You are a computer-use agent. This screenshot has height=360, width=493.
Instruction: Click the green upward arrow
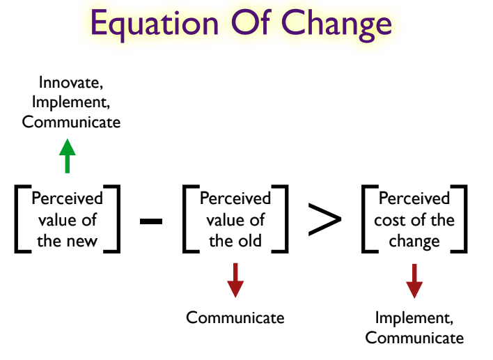[68, 156]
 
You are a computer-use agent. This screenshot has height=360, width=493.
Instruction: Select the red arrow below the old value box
[235, 280]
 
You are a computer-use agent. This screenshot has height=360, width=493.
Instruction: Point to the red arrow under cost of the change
[414, 281]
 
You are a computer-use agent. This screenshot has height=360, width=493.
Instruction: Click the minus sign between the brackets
[151, 221]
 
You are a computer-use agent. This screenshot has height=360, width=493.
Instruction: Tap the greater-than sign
[324, 219]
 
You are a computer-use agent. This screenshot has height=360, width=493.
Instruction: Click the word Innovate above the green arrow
[71, 83]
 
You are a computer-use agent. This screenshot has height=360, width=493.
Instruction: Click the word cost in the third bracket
[386, 220]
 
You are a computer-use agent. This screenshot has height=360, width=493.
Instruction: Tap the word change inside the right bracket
[414, 242]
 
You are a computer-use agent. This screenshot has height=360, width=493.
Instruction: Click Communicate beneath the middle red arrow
[235, 318]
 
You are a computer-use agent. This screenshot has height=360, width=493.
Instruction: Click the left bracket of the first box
[23, 219]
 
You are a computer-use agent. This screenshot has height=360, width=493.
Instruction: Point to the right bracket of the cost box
[459, 219]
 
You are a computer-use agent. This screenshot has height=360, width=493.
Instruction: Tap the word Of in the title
[251, 23]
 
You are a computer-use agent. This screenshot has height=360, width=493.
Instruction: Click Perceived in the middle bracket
[235, 198]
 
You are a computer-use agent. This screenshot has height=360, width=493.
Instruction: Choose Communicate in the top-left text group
[71, 122]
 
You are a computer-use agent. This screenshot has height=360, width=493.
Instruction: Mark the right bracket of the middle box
[280, 219]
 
